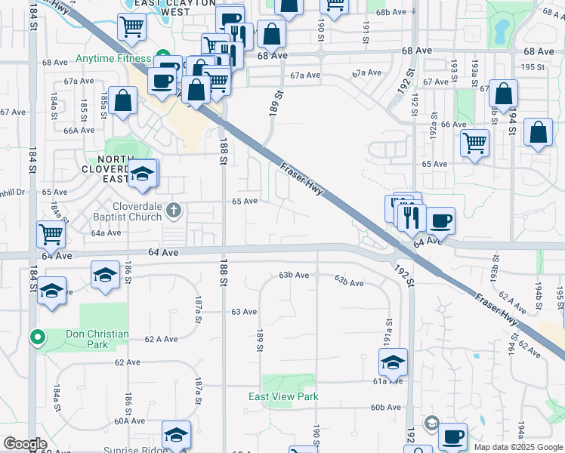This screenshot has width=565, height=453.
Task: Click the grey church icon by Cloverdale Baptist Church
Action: coord(174,210)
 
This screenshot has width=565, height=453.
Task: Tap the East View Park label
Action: coord(283,396)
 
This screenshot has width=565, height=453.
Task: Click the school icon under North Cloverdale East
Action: coord(142,175)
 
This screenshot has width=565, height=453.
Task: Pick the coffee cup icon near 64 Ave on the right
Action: coord(440,220)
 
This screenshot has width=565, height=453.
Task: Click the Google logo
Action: coord(25,444)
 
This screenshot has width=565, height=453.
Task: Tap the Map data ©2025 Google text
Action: coord(517,447)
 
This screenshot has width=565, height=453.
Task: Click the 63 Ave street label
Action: coord(244,311)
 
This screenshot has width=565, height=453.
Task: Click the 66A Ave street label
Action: coord(78,130)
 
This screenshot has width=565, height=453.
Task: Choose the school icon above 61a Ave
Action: coord(393,363)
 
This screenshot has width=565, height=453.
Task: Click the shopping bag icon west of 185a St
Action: coord(122,101)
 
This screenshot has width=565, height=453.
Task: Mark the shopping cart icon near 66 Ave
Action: coord(474,142)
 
